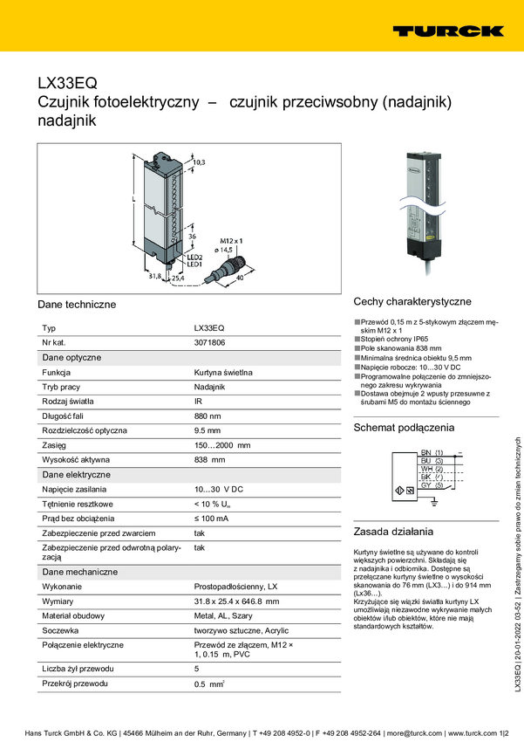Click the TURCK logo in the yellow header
tap(447, 31)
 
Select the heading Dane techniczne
tap(77, 304)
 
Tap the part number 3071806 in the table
tap(209, 342)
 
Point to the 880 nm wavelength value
tap(208, 416)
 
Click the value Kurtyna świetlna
tap(223, 372)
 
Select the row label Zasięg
tap(55, 445)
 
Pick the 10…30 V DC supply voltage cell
tap(218, 490)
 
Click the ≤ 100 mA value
tap(211, 519)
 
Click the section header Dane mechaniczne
tap(80, 572)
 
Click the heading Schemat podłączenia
tap(404, 428)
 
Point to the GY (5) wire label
tap(432, 485)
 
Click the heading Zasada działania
tap(393, 532)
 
